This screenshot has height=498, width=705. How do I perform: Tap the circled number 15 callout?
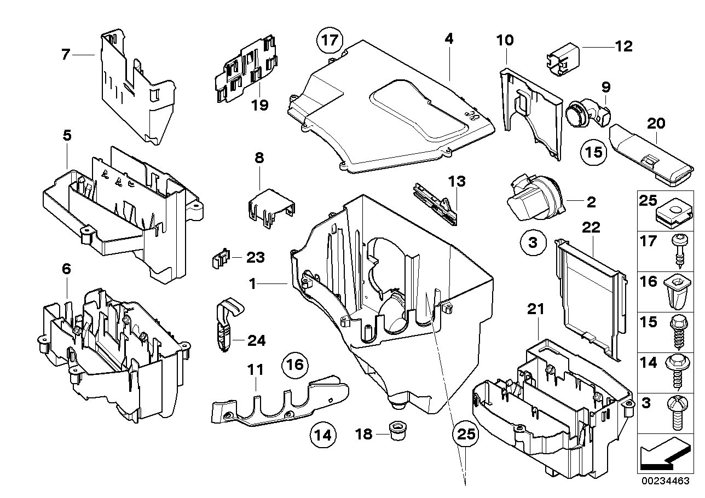594,152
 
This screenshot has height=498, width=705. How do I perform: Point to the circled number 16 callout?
295,364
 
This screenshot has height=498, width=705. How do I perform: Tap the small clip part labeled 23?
220,257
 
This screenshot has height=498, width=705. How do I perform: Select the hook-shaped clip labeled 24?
224,326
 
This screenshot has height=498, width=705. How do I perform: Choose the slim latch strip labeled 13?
435,203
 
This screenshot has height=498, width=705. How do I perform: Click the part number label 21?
536,309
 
